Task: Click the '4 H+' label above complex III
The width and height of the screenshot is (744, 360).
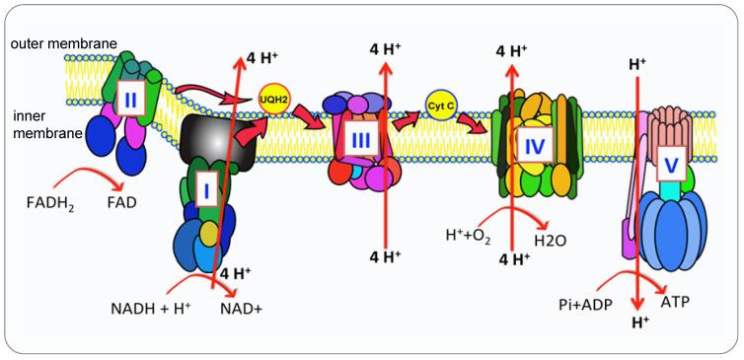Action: click(386, 48)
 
